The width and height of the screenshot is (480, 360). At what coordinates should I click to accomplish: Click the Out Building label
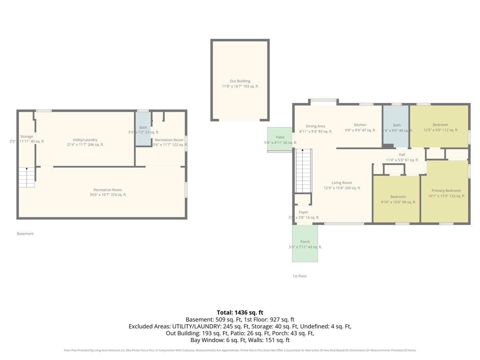click(240, 81)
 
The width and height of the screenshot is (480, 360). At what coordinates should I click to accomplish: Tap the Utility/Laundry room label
click(85, 140)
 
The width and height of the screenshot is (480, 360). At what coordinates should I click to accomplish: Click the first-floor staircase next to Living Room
click(303, 170)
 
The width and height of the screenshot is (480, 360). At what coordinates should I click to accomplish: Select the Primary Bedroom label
click(446, 191)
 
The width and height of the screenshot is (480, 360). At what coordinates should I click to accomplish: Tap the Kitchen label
click(360, 125)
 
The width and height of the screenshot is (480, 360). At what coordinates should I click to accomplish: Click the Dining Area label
click(315, 126)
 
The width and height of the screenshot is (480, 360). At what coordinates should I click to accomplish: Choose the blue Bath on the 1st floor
click(396, 126)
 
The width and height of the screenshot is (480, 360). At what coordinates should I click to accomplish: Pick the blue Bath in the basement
click(143, 128)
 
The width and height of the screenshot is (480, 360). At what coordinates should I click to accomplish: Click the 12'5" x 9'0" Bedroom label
click(440, 125)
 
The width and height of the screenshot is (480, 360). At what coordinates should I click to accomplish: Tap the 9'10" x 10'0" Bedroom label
click(398, 197)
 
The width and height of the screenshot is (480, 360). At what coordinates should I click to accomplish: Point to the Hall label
click(402, 155)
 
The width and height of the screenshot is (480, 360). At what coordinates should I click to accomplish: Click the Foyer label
click(303, 212)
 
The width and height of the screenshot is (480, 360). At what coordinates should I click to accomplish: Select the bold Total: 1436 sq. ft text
click(240, 312)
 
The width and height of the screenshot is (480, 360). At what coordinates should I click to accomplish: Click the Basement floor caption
click(25, 234)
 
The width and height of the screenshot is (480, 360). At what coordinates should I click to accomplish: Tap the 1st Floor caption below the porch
click(300, 276)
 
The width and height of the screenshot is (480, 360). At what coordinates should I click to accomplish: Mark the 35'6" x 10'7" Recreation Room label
click(108, 190)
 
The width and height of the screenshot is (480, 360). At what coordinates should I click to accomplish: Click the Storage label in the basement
click(27, 137)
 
